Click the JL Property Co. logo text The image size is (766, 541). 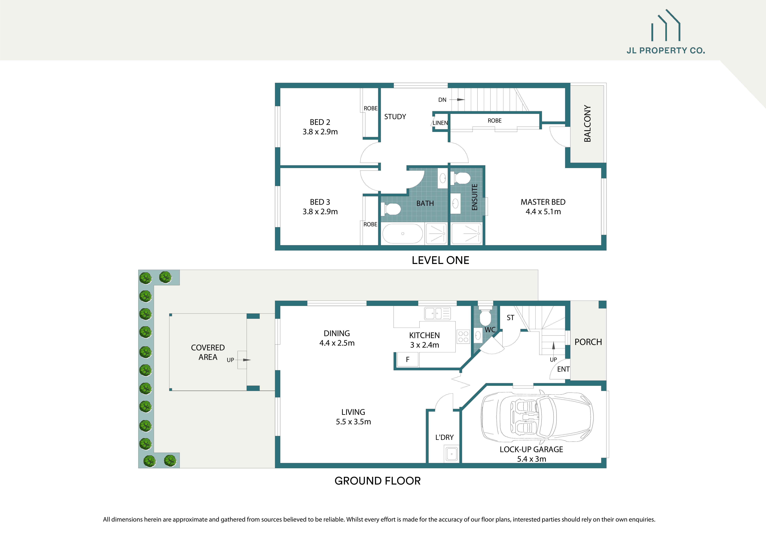666,51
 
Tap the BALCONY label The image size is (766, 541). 587,124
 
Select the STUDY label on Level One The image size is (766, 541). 395,117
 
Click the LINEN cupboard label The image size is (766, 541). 440,123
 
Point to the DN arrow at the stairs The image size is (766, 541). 460,100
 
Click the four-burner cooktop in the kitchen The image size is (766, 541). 463,337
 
